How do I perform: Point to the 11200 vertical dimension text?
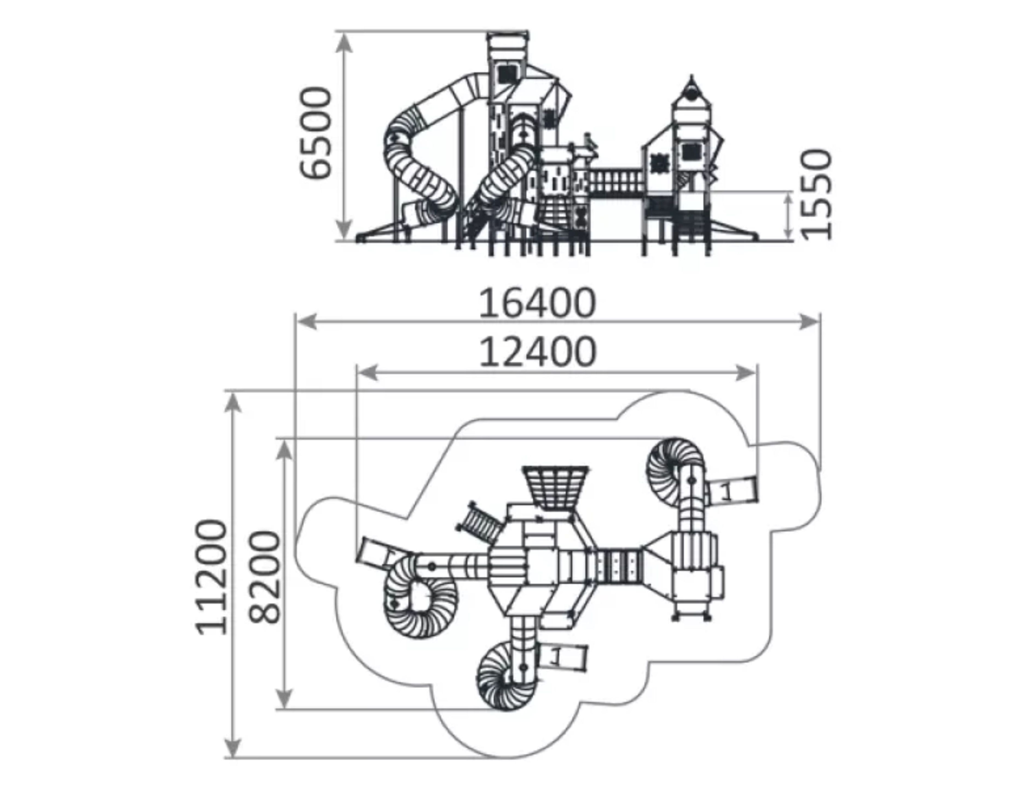click(212, 577)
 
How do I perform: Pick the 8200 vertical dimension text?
click(264, 577)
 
